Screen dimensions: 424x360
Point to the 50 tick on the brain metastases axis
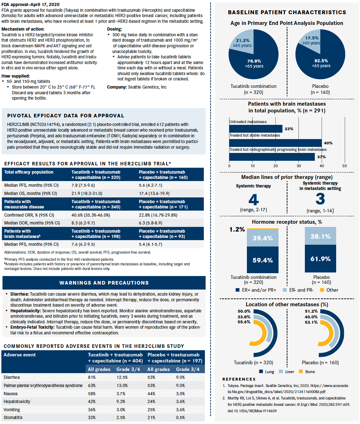pos(344,166)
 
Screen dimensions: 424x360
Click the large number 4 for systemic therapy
pos(253,200)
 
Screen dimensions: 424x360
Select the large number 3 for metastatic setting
pos(320,199)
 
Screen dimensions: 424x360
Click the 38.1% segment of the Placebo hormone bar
pos(320,237)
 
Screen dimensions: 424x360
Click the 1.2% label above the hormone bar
pos(237,230)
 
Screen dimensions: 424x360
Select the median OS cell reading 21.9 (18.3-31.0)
pos(86,193)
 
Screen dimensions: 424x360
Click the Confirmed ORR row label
pos(29,215)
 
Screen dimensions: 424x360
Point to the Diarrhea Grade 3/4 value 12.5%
pos(122,377)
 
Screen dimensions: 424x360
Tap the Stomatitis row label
pos(13,417)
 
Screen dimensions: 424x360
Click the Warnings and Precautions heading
pos(104,283)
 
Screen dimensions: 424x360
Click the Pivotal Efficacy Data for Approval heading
pos(66,116)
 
